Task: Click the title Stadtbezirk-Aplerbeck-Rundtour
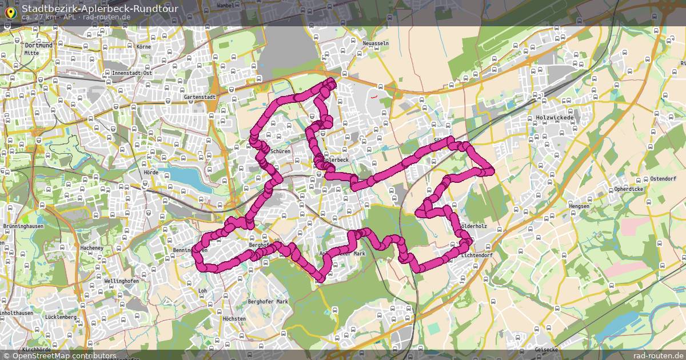(x=99, y=8)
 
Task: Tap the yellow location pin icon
(x=10, y=11)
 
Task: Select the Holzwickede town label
(x=555, y=118)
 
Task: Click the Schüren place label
(x=281, y=151)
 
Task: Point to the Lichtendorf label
(x=476, y=255)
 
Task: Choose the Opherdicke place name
(x=628, y=189)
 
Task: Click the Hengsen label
(x=579, y=206)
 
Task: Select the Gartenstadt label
(x=200, y=98)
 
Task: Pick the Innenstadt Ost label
(x=131, y=73)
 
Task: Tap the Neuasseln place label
(x=376, y=43)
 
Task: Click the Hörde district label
(x=151, y=172)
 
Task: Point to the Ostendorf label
(x=663, y=179)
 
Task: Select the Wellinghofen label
(x=119, y=282)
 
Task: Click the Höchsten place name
(x=234, y=318)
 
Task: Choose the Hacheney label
(x=91, y=248)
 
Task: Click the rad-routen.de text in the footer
(x=658, y=355)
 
